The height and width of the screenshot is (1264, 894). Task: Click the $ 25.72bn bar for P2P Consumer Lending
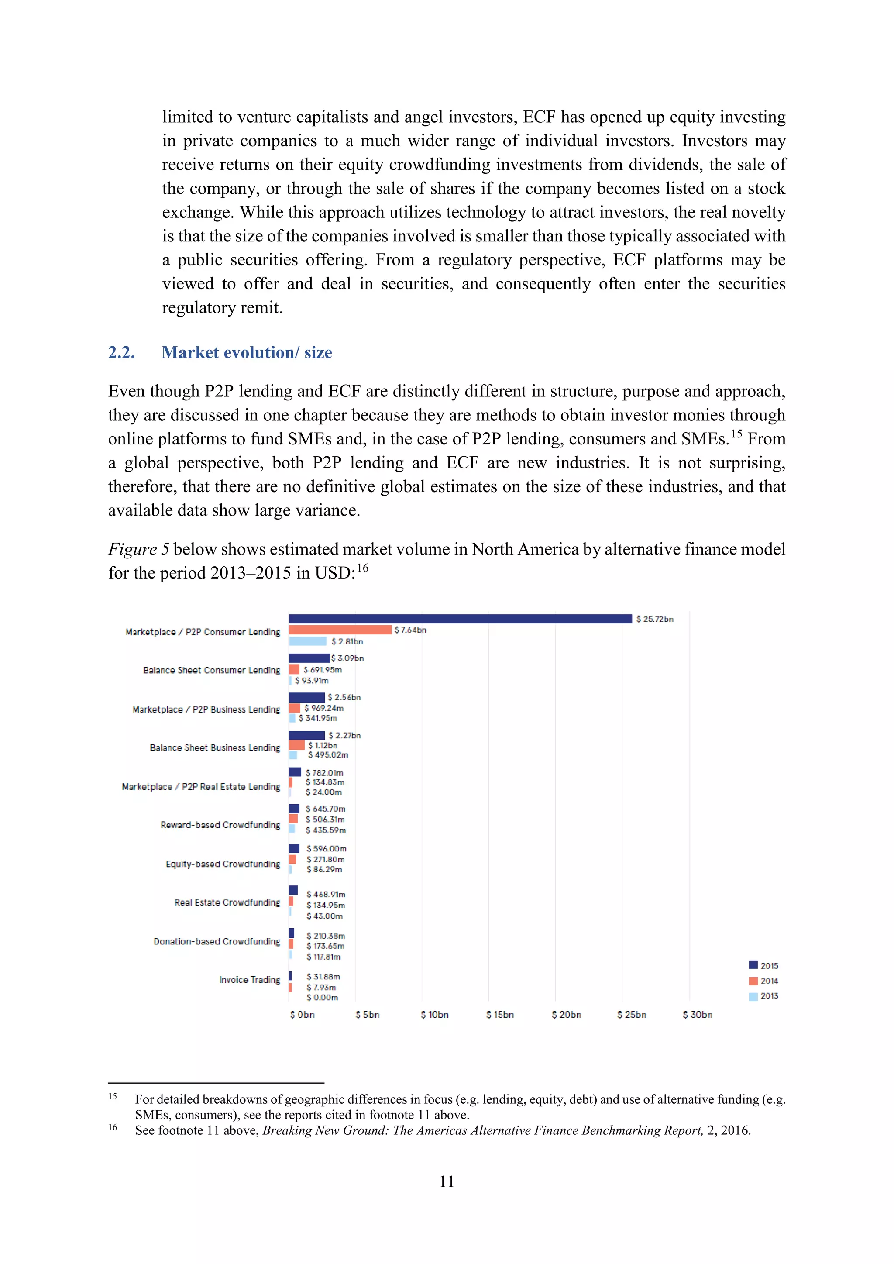pos(460,619)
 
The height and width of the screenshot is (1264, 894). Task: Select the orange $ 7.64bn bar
pos(340,630)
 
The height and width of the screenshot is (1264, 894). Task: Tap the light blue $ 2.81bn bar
pos(308,641)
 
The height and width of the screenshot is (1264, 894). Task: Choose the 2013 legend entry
pos(763,996)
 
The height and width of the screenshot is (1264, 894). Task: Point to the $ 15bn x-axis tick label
pos(500,1015)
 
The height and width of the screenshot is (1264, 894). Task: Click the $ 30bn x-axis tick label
pos(698,1015)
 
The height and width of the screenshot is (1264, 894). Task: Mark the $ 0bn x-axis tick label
pos(302,1015)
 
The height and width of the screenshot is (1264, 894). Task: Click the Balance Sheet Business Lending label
pos(215,747)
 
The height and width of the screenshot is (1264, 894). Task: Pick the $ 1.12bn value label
pos(323,745)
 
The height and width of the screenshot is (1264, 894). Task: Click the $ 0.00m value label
pos(323,998)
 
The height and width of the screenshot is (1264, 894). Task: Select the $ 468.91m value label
pos(326,895)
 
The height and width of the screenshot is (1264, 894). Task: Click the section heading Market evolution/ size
pos(247,352)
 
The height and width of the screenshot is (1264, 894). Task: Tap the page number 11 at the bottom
pos(447,1181)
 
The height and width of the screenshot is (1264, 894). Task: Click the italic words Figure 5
pos(138,549)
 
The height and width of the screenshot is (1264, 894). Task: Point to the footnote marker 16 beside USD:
pos(362,568)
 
